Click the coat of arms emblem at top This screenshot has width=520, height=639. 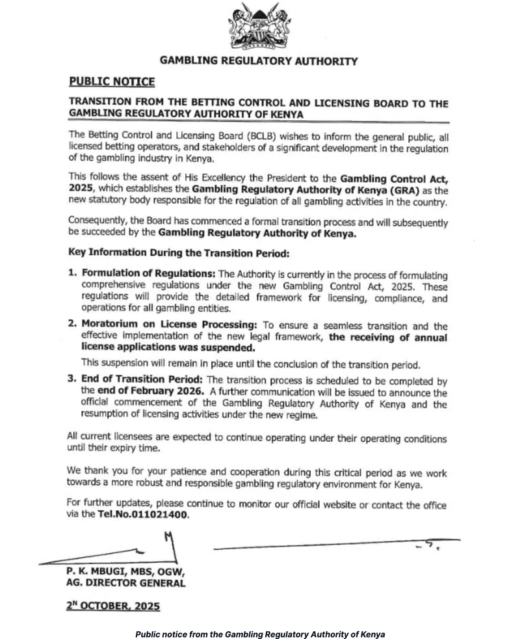coord(259,28)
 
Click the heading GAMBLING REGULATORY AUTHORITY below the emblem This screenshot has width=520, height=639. coord(259,62)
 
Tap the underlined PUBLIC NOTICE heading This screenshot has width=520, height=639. coord(112,82)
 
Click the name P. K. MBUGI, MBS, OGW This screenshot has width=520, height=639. coord(125,573)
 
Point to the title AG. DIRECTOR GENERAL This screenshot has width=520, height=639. coord(125,584)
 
